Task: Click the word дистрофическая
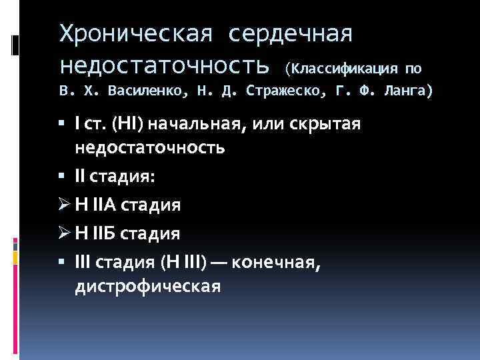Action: tap(147, 287)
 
